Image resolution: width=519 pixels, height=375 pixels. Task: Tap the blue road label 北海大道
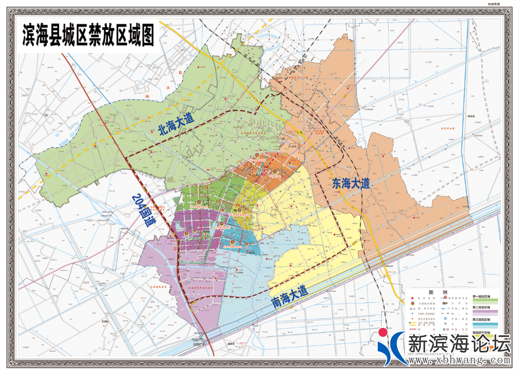coord(176,126)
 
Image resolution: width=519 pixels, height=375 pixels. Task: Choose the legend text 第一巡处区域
coord(485,296)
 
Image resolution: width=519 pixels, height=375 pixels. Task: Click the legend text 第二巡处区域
coord(485,307)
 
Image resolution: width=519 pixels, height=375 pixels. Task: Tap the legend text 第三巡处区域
coord(485,319)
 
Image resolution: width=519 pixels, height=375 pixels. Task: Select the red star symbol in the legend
coord(412,299)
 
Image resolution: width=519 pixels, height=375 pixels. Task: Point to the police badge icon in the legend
coord(412,304)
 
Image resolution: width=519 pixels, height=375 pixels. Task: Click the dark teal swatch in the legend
coord(485,325)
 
